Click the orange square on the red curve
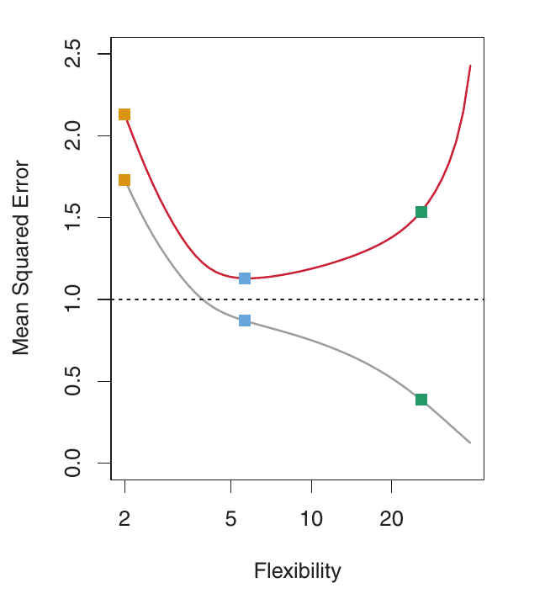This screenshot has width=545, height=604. [124, 114]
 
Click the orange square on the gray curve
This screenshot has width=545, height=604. [124, 180]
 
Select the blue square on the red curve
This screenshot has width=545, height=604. [245, 278]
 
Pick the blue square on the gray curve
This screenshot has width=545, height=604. [245, 321]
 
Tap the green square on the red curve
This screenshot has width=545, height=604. [421, 212]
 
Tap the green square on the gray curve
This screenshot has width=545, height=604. [421, 400]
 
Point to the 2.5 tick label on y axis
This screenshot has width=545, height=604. [74, 55]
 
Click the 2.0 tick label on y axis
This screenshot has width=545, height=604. [74, 136]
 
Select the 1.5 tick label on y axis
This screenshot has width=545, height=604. [74, 218]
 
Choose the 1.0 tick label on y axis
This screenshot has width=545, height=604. [74, 299]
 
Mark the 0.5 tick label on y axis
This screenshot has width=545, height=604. [74, 381]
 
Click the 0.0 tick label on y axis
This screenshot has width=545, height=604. [74, 463]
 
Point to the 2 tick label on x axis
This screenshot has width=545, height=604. [124, 520]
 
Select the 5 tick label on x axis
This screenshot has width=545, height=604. [231, 520]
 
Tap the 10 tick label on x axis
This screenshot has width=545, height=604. [311, 520]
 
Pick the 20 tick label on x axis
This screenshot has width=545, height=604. [391, 520]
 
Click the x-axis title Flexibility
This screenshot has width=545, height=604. [298, 572]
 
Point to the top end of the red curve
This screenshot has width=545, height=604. [470, 66]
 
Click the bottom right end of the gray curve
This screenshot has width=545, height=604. [470, 442]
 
